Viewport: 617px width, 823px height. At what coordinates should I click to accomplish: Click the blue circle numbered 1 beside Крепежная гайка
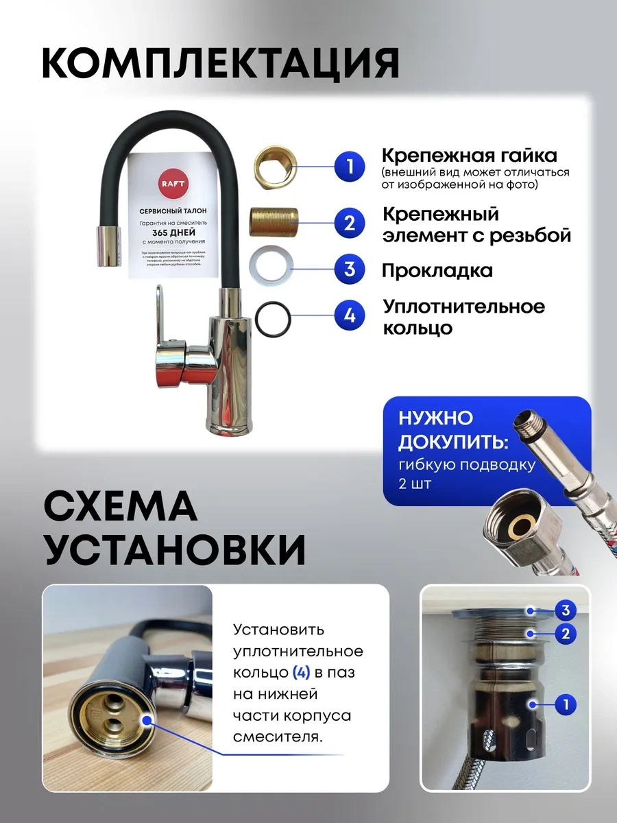350,168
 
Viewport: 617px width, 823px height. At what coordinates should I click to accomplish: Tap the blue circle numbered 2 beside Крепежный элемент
350,222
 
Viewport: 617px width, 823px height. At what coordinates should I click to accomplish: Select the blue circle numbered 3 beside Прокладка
350,269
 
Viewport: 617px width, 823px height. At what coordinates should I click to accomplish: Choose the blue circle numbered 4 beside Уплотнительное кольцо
350,316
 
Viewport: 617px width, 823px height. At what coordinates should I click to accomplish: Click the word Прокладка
437,270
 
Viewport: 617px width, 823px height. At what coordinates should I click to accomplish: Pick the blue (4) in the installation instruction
302,673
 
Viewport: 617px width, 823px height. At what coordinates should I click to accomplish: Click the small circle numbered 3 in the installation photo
565,610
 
